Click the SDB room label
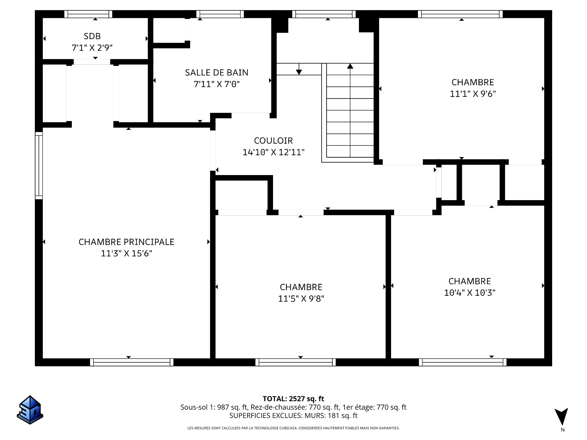tap(92, 36)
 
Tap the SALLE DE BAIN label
tap(216, 72)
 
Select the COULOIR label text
tap(273, 141)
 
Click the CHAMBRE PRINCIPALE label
tap(126, 242)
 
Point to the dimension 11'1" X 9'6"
tap(472, 94)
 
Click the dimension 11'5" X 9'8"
tap(301, 299)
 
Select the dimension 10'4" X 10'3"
tap(469, 293)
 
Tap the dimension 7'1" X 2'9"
tap(92, 48)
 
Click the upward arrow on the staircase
tap(350, 66)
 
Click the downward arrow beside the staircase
tap(299, 72)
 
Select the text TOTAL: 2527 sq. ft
tap(293, 399)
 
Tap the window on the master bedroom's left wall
tap(39, 166)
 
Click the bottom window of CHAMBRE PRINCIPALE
tap(132, 362)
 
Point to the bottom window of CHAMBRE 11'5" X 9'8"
tap(296, 362)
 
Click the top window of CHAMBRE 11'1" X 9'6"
tap(460, 14)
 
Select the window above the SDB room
tap(88, 14)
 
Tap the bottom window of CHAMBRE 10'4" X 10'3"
tap(462, 362)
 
